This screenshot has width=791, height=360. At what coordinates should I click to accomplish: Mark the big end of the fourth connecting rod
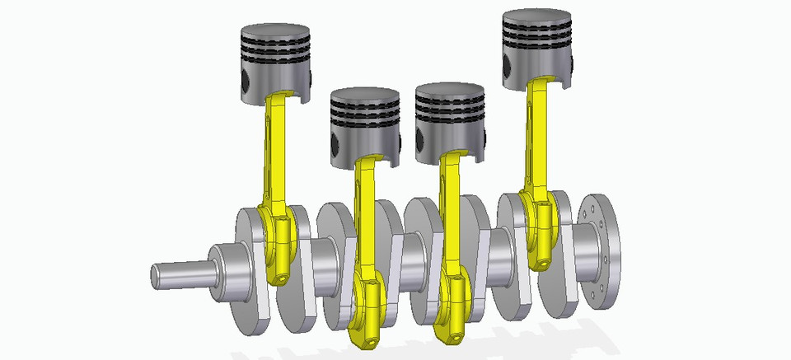click(539, 231)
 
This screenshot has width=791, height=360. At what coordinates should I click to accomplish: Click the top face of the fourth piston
click(537, 19)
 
